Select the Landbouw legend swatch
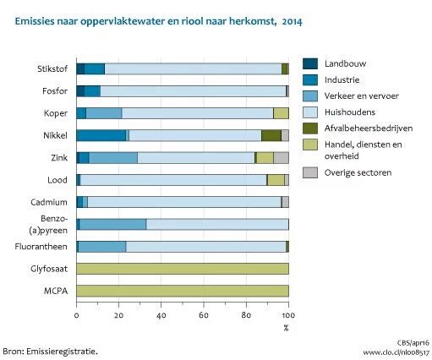point(312,64)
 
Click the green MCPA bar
point(183,291)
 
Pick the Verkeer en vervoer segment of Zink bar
point(113,157)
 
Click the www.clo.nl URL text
point(396,350)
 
